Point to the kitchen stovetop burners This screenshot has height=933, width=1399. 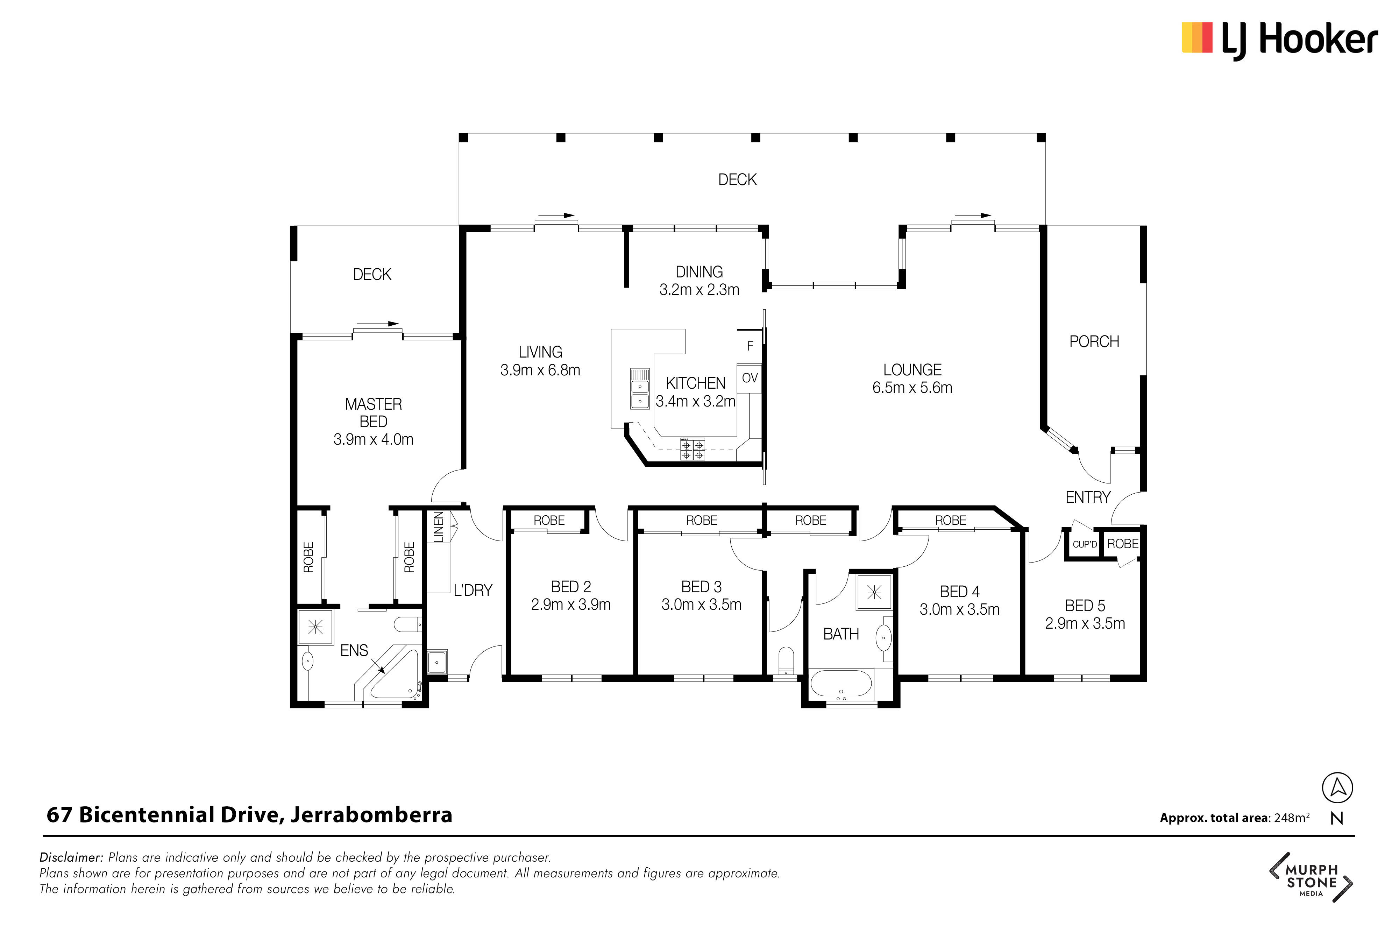pyautogui.click(x=693, y=449)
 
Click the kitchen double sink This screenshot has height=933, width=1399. pyautogui.click(x=640, y=389)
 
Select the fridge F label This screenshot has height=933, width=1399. pyautogui.click(x=750, y=346)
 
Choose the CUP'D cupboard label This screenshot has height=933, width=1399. pyautogui.click(x=1084, y=544)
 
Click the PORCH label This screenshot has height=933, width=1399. pyautogui.click(x=1094, y=341)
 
